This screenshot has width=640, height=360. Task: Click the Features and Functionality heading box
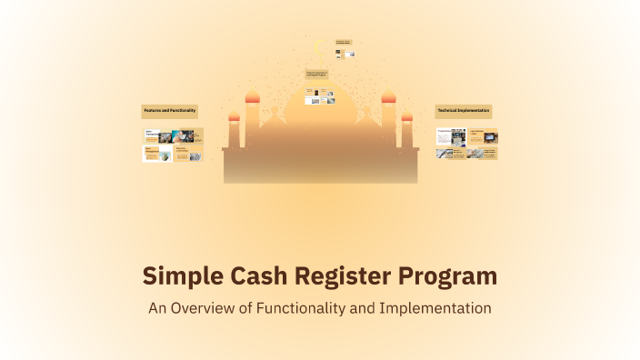170,111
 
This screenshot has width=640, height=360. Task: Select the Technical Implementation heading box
464,111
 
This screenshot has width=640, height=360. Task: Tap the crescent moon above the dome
318,47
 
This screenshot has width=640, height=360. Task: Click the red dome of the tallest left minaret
253,97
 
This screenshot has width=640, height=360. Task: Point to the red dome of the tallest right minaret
388,97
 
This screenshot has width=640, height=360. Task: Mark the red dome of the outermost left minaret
234,115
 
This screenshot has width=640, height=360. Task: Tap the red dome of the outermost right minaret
406,115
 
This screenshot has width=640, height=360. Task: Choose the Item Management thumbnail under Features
156,154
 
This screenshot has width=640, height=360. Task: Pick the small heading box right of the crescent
344,42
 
